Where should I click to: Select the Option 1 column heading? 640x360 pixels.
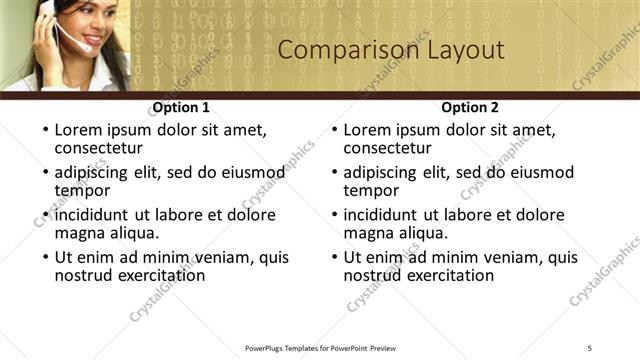pos(180,107)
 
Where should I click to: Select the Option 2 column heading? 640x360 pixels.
pos(469,107)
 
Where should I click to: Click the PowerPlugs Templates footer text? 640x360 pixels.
pos(320,347)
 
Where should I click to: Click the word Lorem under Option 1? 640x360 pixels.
pos(78,130)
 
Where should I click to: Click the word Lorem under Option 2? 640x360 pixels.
pos(367,130)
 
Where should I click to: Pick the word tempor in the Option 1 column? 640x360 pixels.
pos(82,190)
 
